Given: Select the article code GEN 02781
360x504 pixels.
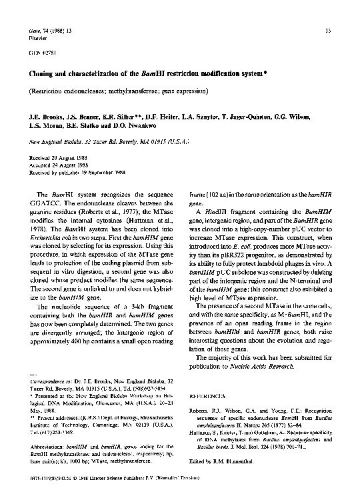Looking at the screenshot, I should click(x=41, y=52).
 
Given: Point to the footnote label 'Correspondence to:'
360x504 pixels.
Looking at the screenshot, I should click(x=53, y=379).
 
